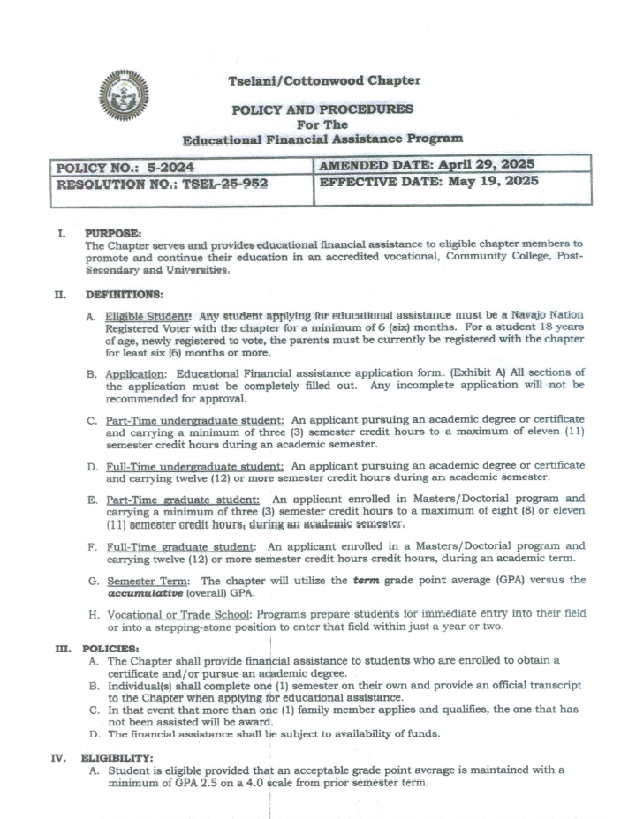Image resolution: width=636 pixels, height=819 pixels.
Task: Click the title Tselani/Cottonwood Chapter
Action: tap(324, 80)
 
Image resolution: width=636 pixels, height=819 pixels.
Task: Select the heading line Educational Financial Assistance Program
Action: tap(322, 139)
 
